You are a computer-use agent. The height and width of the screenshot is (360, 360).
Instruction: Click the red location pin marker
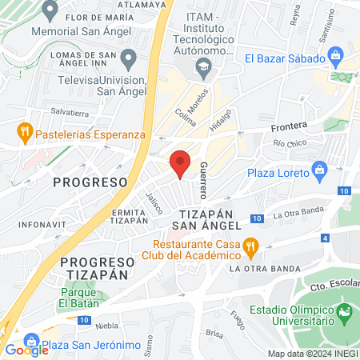coord(181,163)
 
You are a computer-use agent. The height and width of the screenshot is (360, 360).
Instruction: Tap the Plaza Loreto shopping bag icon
coord(321,169)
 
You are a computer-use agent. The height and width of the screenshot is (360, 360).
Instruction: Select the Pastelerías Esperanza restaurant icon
coord(25,131)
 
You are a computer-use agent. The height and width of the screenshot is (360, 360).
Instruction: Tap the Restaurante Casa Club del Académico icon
coord(250,246)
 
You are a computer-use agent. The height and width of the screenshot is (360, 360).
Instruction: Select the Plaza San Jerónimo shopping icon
coord(31,341)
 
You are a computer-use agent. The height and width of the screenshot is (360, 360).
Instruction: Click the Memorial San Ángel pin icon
coord(50,12)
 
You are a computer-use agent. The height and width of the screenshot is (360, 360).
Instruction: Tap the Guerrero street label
coord(205,181)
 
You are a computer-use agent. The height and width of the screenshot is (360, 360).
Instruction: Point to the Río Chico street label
coord(290,144)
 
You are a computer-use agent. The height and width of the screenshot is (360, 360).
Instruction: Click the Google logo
coord(26,350)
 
